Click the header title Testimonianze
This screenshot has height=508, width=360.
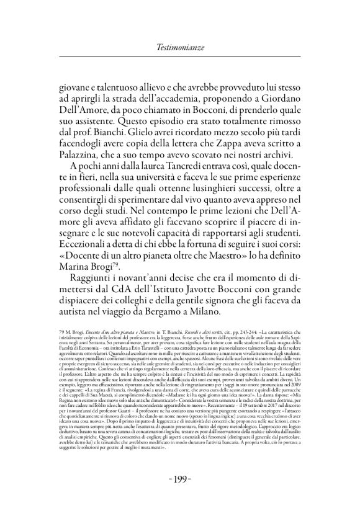click(179, 47)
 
